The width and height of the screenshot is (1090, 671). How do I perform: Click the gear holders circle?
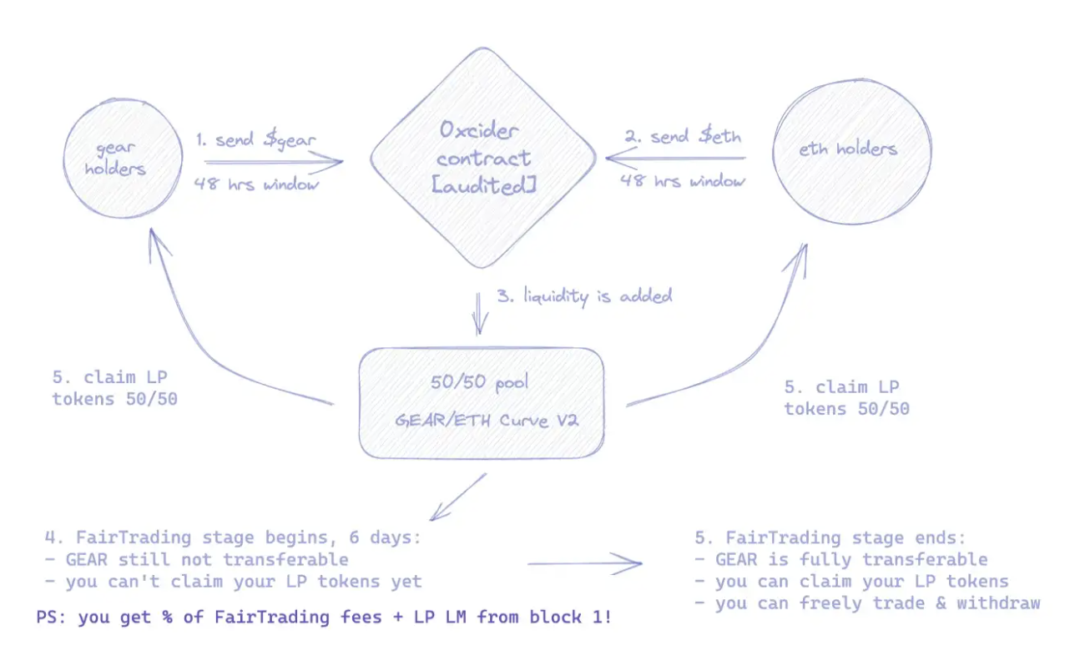click(123, 158)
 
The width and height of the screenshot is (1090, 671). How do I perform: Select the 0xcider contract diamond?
click(483, 158)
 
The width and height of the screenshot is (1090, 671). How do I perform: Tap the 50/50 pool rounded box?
click(482, 403)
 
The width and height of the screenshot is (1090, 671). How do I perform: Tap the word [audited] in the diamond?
click(483, 185)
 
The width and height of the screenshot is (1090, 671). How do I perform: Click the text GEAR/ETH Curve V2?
click(487, 419)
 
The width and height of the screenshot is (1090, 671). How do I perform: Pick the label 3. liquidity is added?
click(584, 296)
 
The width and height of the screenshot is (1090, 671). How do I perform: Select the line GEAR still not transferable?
click(197, 559)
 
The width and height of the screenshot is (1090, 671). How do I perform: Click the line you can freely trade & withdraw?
click(868, 603)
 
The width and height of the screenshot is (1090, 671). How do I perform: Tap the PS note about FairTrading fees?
click(324, 619)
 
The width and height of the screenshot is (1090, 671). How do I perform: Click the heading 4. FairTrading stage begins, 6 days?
click(234, 537)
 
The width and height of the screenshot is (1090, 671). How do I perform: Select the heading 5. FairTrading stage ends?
click(835, 537)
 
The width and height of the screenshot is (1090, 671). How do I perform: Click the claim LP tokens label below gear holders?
click(114, 388)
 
